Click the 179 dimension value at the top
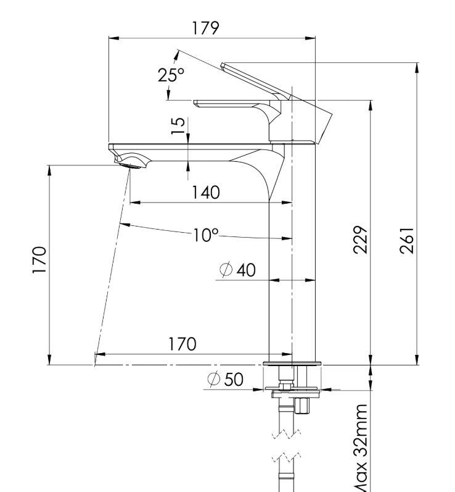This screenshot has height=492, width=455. tap(205, 28)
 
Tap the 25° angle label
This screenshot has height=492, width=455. tap(171, 75)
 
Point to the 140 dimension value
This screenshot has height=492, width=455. tap(205, 193)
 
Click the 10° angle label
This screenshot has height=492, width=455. tap(205, 235)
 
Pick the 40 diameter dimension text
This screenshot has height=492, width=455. tap(245, 270)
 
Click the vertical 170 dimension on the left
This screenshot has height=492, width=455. tap(39, 260)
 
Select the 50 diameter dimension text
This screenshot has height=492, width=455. tap(233, 380)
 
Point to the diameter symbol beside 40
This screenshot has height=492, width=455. tap(226, 270)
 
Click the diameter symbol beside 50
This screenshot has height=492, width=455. tap(214, 380)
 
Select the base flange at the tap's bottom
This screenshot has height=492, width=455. tap(292, 363)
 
